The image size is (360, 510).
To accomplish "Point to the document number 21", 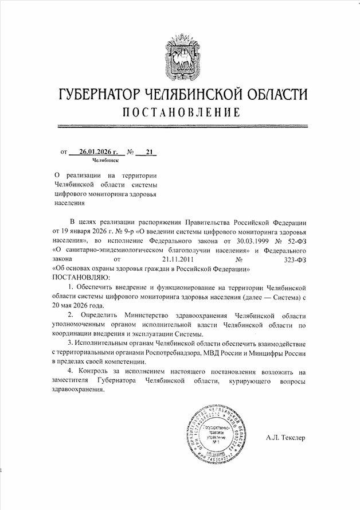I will point(150,153).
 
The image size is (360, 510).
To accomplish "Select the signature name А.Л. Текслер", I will point(285,438).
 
